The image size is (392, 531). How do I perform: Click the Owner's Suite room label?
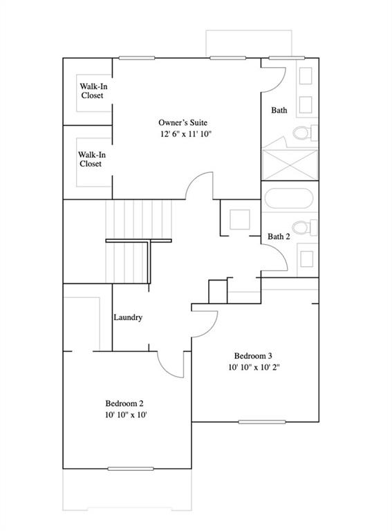(184, 122)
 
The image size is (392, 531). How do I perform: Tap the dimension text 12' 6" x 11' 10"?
(184, 134)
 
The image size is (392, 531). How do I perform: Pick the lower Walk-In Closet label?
(90, 159)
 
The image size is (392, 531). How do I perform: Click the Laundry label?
(128, 317)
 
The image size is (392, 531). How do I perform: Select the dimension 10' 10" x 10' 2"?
(253, 368)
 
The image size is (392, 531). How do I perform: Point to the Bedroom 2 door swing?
(171, 364)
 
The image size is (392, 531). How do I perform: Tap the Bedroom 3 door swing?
(205, 319)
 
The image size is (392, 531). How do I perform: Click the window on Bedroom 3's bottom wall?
(257, 422)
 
